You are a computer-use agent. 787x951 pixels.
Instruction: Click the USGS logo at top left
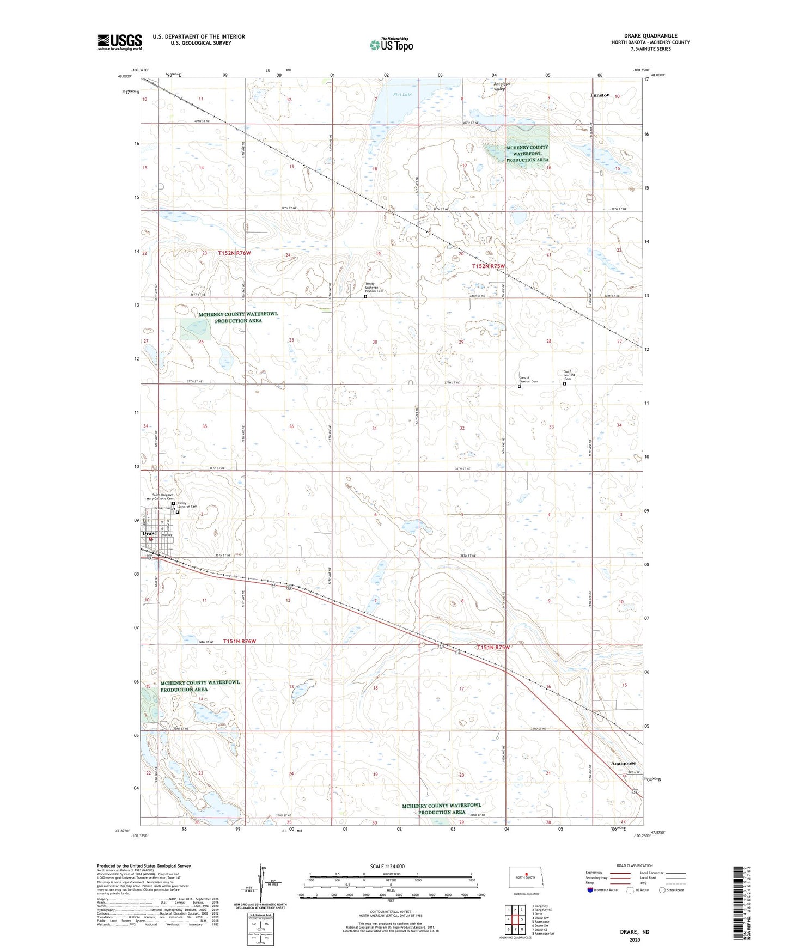pyautogui.click(x=119, y=42)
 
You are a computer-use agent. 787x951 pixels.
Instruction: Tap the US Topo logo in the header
pyautogui.click(x=391, y=45)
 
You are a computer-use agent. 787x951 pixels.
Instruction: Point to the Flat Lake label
pyautogui.click(x=402, y=95)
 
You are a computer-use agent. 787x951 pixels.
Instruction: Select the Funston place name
pyautogui.click(x=600, y=95)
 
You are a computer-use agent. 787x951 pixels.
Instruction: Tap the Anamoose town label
pyautogui.click(x=623, y=763)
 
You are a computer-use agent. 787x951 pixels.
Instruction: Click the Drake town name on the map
pyautogui.click(x=149, y=533)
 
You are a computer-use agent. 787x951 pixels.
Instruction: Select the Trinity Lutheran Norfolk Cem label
pyautogui.click(x=374, y=287)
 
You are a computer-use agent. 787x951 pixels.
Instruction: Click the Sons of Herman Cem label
pyautogui.click(x=528, y=380)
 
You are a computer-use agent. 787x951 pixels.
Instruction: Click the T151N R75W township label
pyautogui.click(x=493, y=647)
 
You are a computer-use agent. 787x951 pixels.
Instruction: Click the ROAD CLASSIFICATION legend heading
pyautogui.click(x=635, y=865)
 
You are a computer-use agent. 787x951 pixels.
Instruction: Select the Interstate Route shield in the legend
pyautogui.click(x=591, y=890)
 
